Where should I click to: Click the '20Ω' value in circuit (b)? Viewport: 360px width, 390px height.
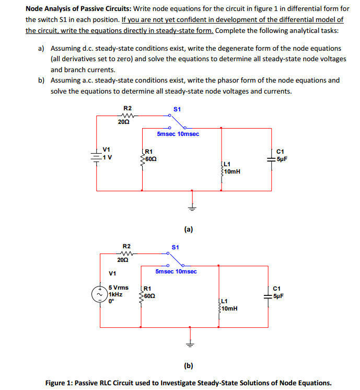pos(123,260)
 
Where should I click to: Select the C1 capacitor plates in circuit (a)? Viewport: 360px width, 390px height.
pos(271,158)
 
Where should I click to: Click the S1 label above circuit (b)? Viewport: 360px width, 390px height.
pos(176,246)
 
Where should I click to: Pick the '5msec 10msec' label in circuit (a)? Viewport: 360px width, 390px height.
pos(178,134)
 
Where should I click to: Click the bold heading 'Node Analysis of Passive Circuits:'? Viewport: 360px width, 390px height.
pos(77,9)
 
